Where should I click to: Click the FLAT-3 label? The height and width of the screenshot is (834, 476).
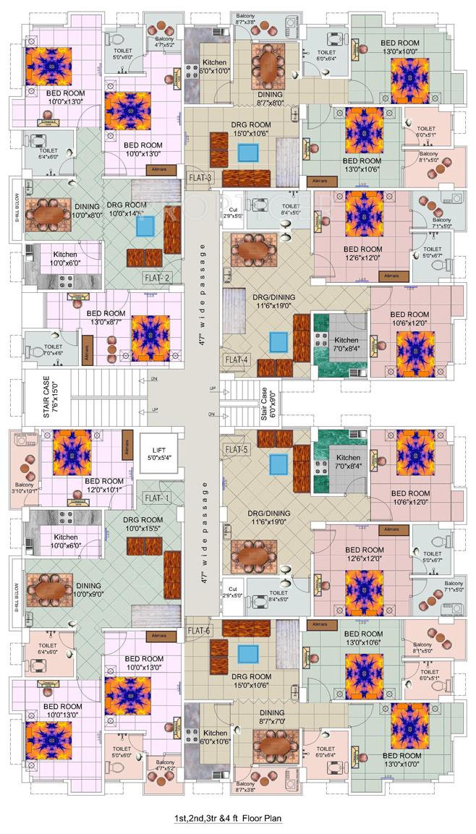200,178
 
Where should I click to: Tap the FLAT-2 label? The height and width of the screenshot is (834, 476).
157,277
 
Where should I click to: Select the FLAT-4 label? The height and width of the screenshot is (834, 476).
237,359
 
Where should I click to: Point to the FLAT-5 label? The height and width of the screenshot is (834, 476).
237,449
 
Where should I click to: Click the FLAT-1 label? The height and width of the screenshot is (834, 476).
156,498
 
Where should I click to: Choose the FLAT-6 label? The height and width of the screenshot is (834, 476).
199,631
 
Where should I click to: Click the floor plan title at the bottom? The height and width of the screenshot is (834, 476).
226,818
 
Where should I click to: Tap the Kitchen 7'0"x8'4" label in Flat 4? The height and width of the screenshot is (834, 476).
346,344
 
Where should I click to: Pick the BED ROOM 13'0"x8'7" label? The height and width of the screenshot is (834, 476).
106,318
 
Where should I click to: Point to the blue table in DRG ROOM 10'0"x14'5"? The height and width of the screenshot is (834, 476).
145,226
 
